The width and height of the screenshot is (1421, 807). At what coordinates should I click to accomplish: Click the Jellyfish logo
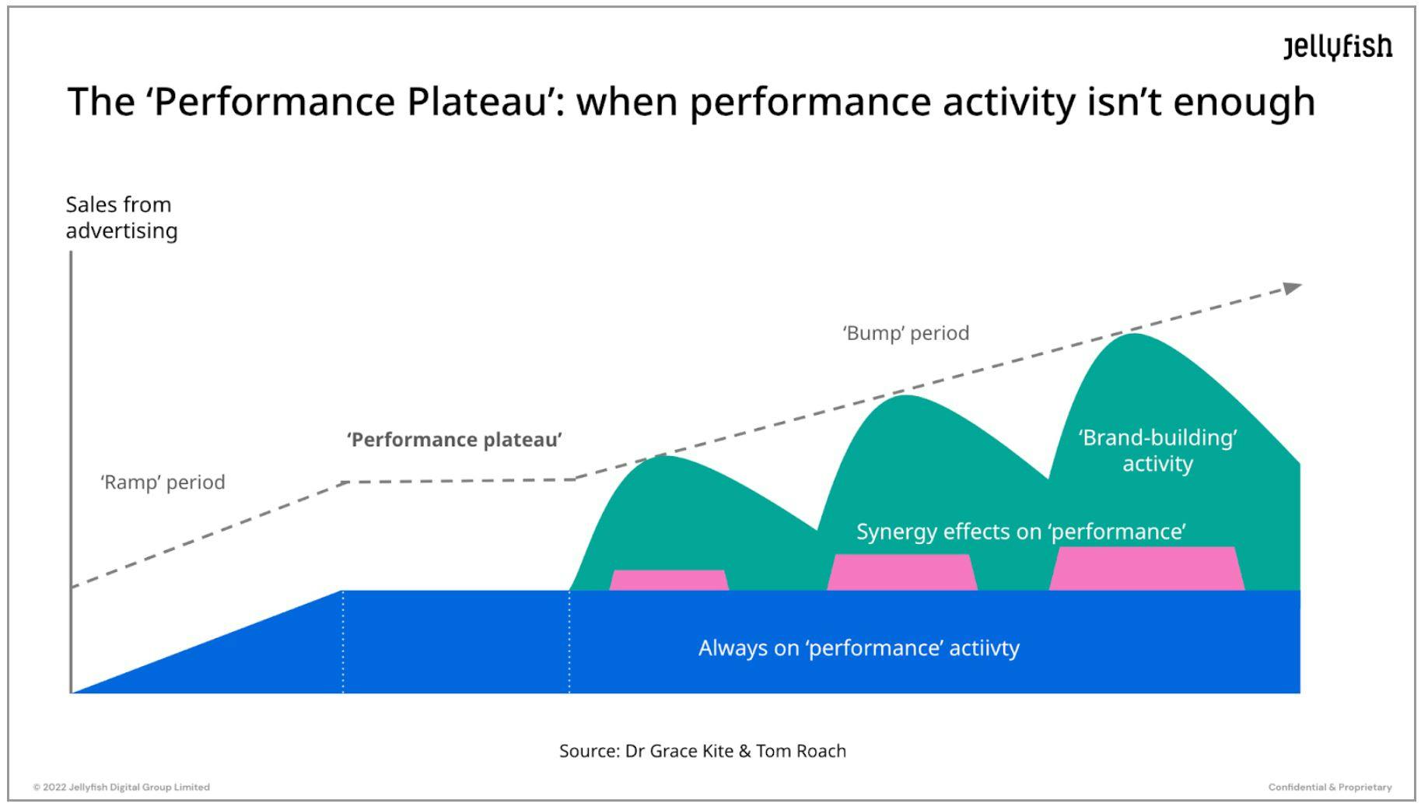pyautogui.click(x=1337, y=47)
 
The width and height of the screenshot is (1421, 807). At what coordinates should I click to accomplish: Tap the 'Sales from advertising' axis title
pyautogui.click(x=121, y=217)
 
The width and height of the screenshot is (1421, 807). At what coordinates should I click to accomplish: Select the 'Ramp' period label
pyautogui.click(x=163, y=482)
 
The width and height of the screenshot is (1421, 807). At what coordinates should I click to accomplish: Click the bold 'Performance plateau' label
pyautogui.click(x=454, y=440)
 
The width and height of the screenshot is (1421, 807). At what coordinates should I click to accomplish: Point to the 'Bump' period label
pyautogui.click(x=905, y=333)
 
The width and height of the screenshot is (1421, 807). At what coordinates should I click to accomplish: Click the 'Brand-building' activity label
pyautogui.click(x=1157, y=451)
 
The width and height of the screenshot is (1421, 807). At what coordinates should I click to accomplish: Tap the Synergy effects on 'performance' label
pyautogui.click(x=1020, y=532)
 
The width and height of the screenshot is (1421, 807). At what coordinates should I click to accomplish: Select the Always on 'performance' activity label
pyautogui.click(x=859, y=647)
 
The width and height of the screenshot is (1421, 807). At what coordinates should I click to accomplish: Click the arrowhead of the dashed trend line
pyautogui.click(x=1292, y=288)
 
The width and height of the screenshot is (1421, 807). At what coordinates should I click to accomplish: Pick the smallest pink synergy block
pyautogui.click(x=669, y=581)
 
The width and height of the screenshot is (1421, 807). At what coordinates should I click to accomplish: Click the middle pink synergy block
pyautogui.click(x=901, y=572)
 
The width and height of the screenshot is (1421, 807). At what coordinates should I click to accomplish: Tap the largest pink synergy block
pyautogui.click(x=1146, y=568)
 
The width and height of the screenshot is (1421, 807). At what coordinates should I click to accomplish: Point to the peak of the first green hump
pyautogui.click(x=665, y=457)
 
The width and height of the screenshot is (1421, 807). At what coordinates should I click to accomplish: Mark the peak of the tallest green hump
pyautogui.click(x=1133, y=335)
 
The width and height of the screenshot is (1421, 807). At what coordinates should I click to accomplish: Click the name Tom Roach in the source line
pyautogui.click(x=801, y=751)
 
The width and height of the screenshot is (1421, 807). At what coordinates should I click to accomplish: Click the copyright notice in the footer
pyautogui.click(x=121, y=787)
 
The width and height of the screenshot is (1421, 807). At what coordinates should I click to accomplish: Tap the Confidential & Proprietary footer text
pyautogui.click(x=1329, y=787)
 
